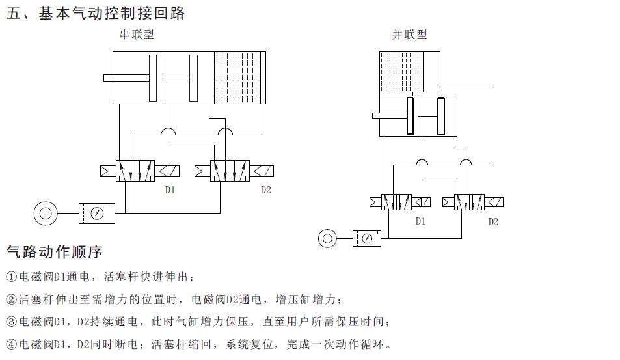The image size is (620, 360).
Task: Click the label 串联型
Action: tap(137, 35)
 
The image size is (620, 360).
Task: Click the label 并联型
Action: tap(409, 35)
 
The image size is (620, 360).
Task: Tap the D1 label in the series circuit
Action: tap(170, 190)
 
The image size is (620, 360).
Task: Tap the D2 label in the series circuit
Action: tap(265, 190)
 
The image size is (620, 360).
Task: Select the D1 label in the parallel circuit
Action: tap(420, 221)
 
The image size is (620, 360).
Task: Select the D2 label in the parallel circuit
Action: tap(493, 221)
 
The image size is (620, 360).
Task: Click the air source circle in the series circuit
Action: tap(46, 213)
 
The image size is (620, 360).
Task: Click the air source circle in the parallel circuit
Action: tap(328, 239)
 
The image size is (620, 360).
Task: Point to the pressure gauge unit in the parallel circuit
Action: tap(368, 239)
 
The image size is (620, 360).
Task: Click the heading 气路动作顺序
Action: tap(55, 251)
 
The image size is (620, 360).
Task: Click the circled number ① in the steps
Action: tap(11, 277)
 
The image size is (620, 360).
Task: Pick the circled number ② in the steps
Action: tap(11, 299)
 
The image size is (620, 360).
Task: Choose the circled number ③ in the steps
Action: tap(11, 322)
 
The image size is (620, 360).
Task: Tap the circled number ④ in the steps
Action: tap(11, 344)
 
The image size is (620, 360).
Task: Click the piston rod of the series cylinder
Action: tap(126, 78)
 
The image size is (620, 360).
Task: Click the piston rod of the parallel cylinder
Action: tap(389, 116)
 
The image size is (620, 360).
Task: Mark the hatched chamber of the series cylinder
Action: tap(240, 77)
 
